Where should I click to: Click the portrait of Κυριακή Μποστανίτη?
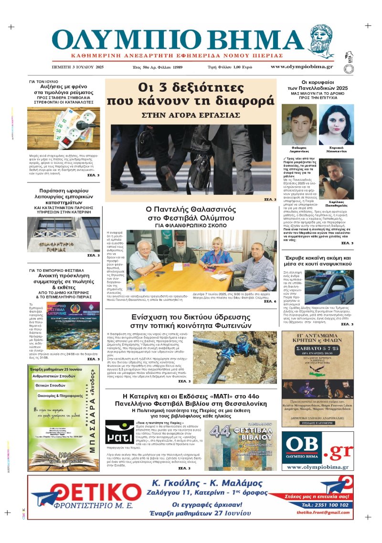click(336, 124)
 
